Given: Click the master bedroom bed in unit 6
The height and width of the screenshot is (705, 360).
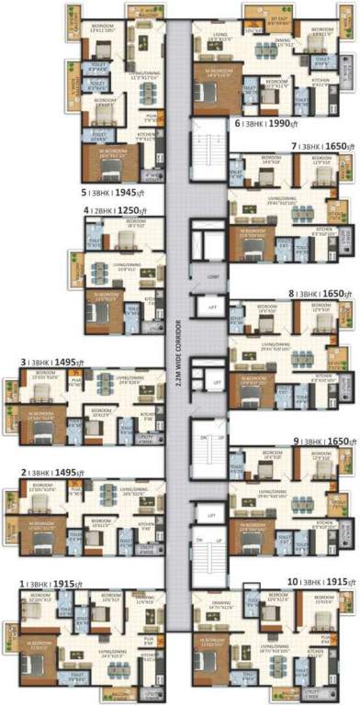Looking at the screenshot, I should click(x=210, y=95).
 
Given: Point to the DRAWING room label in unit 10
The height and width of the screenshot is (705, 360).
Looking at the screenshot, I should click(x=221, y=608).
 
